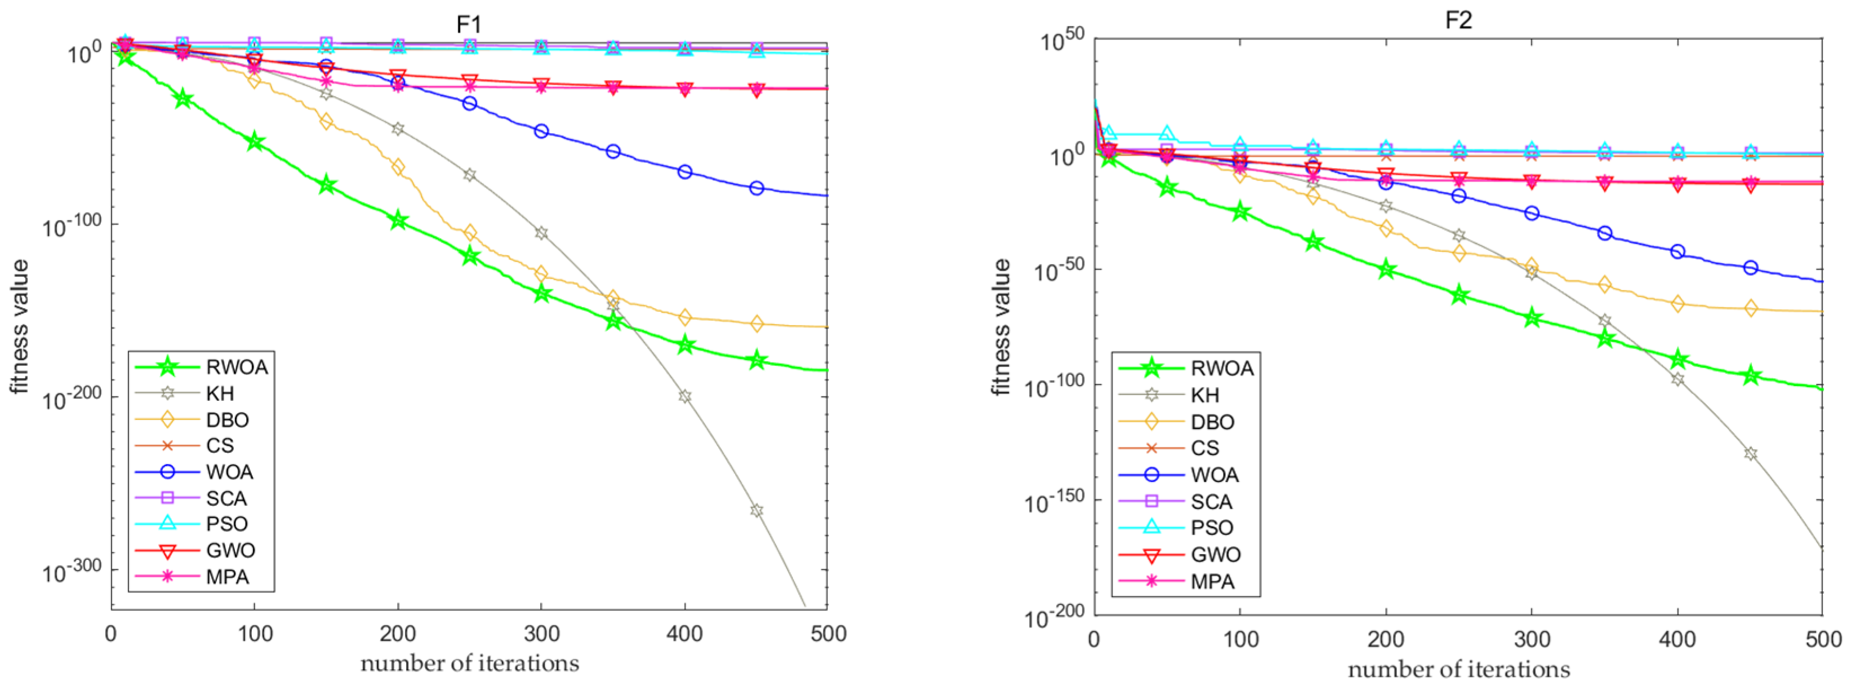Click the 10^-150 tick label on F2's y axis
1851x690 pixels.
(x=1054, y=502)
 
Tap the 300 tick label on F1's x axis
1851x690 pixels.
(x=541, y=633)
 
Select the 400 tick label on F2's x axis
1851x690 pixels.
(x=1677, y=639)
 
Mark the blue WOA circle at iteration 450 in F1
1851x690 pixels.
(x=756, y=188)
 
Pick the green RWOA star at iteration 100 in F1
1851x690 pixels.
(x=255, y=141)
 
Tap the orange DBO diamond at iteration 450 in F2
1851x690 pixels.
(x=1750, y=308)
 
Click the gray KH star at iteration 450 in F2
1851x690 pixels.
(x=1750, y=454)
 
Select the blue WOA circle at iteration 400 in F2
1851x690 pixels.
(x=1677, y=251)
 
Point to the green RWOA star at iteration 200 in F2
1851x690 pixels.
(x=1386, y=270)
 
